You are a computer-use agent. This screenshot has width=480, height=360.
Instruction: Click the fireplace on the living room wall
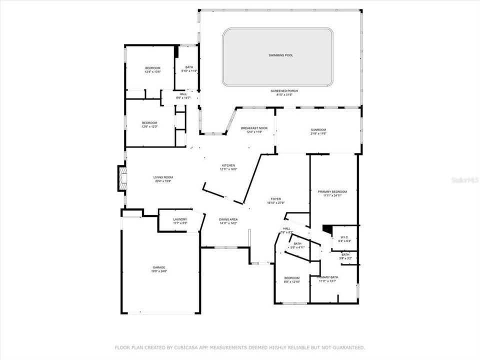point(121,178)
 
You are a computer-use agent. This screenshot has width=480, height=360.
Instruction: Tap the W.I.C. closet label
point(344,237)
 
